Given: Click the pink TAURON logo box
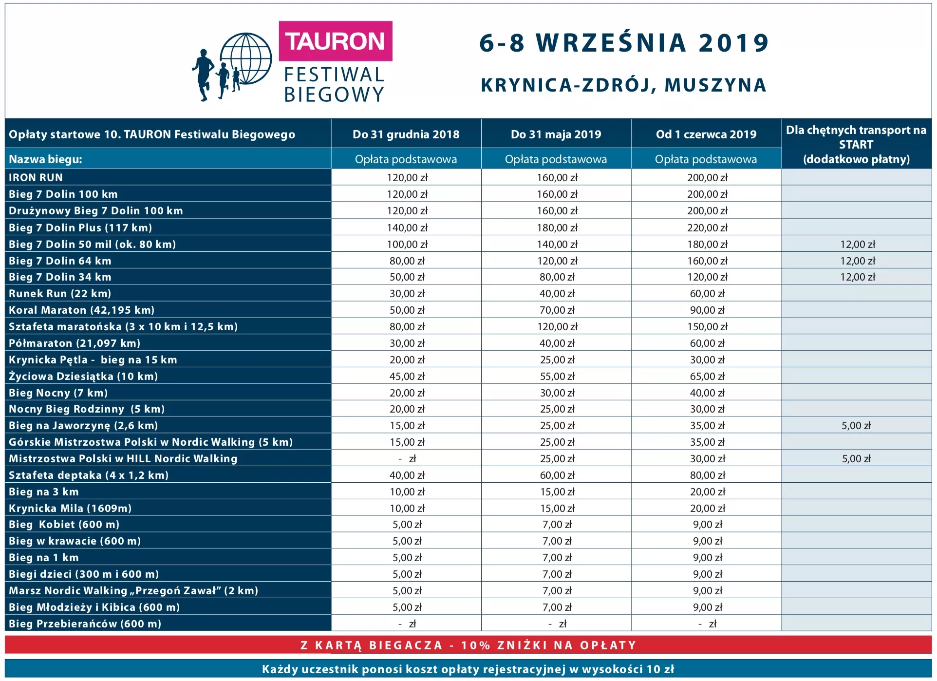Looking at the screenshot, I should pos(335,41).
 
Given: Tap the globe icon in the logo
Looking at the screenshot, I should pos(246,59).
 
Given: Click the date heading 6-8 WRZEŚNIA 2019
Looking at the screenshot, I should pos(624,43).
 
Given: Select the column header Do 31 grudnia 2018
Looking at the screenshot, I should pos(406,134).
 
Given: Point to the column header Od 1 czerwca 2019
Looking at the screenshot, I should pos(706,134).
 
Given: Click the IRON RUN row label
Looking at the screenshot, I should pos(36,178).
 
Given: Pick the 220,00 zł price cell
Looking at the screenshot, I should pos(707,227).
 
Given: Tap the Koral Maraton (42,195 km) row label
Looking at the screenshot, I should pos(81,310).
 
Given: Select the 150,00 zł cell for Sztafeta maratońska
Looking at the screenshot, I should pos(707,327).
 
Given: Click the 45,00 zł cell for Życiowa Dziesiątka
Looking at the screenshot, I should pos(407,377).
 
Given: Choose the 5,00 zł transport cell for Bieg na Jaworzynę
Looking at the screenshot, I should pos(856,426).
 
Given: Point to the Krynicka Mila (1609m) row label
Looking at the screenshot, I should pos(70,509).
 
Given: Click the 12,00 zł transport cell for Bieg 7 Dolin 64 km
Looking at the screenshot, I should pos(858,261).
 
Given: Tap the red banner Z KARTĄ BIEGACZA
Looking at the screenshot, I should pos(468,645).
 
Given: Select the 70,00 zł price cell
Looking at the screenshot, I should pos(557,310).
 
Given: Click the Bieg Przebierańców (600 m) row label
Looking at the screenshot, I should pos(85,624).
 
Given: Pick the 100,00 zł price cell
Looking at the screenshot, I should pos(407,245).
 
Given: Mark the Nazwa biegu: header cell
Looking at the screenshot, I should pos(46,159).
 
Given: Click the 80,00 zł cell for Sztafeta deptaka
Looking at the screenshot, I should pos(707,475).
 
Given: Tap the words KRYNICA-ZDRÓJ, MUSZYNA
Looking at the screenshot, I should pos(623,85).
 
